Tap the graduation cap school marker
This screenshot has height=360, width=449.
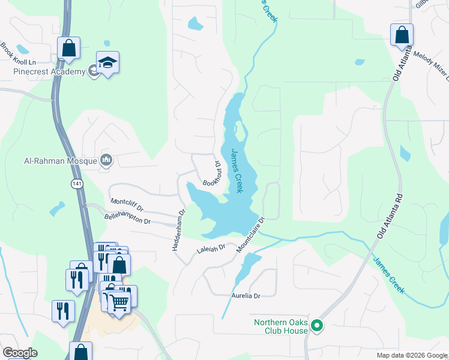pyautogui.click(x=107, y=62)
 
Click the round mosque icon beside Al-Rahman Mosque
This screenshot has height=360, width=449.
pyautogui.click(x=107, y=160)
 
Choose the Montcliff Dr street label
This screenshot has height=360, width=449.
pyautogui.click(x=127, y=205)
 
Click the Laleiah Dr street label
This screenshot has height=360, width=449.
pyautogui.click(x=209, y=247)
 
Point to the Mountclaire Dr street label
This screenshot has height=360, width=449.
pyautogui.click(x=250, y=235)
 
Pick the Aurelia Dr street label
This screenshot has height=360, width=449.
pyautogui.click(x=246, y=296)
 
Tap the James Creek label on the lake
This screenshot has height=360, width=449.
pyautogui.click(x=237, y=171)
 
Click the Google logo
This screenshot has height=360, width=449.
pyautogui.click(x=19, y=353)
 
